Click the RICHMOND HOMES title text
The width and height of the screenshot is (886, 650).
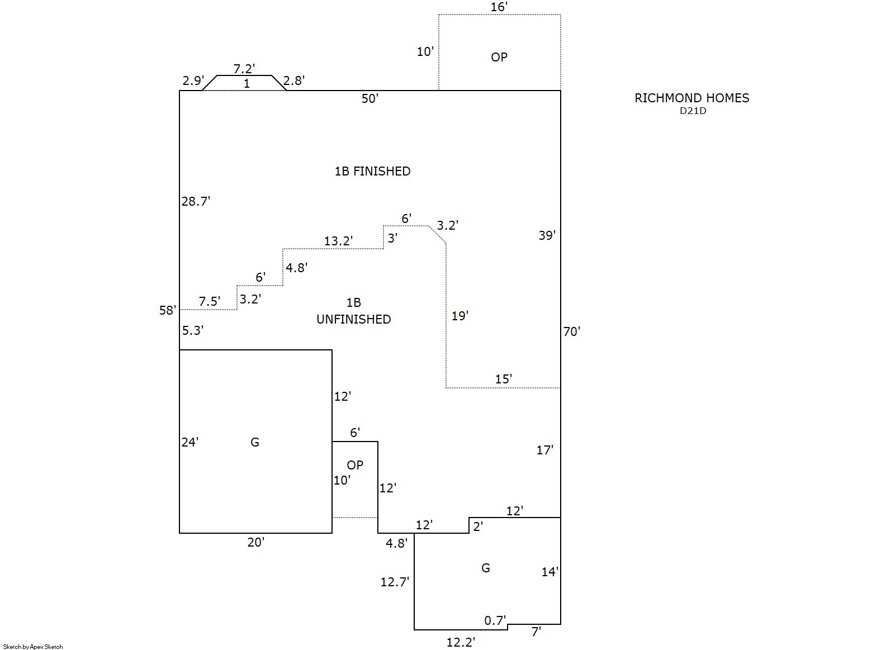click(691, 98)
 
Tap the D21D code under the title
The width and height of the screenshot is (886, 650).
click(693, 111)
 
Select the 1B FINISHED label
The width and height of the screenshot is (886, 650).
click(372, 171)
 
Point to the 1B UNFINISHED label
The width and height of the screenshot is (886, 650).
click(353, 311)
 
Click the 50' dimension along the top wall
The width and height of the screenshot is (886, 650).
click(369, 98)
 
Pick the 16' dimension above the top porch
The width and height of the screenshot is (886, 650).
click(499, 7)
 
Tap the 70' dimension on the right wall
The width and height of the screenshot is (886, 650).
click(571, 331)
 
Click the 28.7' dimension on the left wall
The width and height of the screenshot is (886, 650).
click(196, 201)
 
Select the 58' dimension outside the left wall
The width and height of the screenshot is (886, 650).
click(167, 310)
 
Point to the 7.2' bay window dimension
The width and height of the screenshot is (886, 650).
click(244, 69)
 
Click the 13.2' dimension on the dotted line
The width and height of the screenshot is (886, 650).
click(338, 241)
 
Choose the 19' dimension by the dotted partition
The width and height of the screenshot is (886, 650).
click(459, 316)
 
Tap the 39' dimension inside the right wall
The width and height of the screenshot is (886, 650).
click(547, 235)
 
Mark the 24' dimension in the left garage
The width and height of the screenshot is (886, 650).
click(189, 442)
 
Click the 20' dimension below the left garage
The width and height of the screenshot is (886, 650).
click(255, 542)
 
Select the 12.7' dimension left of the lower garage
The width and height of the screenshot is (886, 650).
click(395, 582)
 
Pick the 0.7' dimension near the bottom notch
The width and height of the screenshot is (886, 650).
click(495, 620)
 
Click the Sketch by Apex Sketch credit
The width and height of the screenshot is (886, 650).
click(33, 647)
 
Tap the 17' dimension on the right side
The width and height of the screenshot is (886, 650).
click(544, 450)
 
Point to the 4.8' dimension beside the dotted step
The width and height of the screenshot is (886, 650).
click(296, 268)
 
